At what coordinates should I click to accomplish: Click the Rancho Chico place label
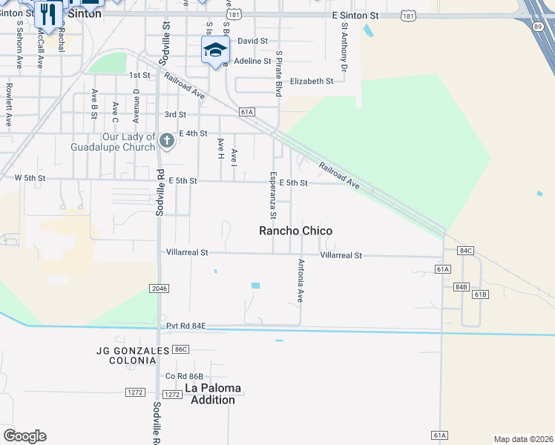click(x=295, y=231)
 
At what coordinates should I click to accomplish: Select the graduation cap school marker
click(x=215, y=50)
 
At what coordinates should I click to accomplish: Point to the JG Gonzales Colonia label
click(x=127, y=355)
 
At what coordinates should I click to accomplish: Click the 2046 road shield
click(x=158, y=289)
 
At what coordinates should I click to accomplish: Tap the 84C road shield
click(x=465, y=251)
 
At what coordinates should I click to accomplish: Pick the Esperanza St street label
click(x=273, y=195)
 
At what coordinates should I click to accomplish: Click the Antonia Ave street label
click(x=301, y=280)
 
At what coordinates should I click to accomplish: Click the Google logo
click(x=24, y=436)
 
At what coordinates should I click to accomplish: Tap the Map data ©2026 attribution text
click(x=524, y=439)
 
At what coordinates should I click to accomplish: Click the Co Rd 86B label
click(x=185, y=377)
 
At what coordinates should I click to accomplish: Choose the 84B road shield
click(x=461, y=286)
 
